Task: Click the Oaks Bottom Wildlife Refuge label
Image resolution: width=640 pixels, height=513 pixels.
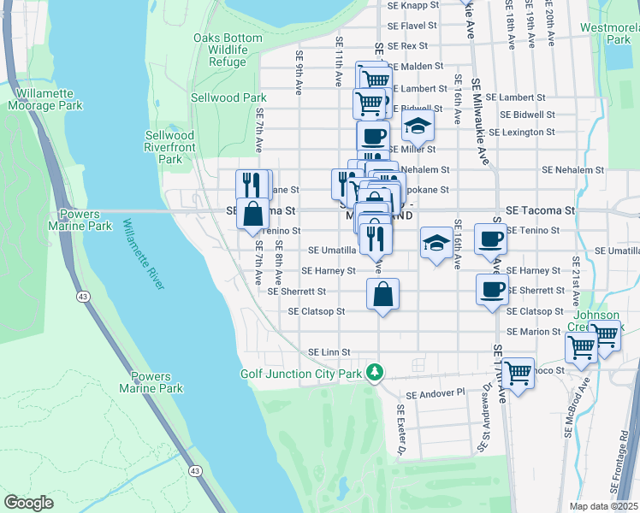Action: [x=220, y=50]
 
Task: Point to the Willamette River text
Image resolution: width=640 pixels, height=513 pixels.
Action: [x=143, y=255]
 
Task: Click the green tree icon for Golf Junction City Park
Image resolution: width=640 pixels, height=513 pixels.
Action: [x=373, y=371]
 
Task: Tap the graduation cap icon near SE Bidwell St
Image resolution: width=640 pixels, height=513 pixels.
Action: [x=418, y=126]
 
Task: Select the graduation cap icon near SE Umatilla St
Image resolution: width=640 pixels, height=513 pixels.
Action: [x=436, y=243]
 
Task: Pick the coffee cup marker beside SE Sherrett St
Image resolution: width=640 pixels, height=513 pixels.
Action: [x=490, y=290]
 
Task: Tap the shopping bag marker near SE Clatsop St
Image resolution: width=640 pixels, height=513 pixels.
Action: [x=382, y=295]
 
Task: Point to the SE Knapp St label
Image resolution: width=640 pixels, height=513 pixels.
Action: [x=412, y=5]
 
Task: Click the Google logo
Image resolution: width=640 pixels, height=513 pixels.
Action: [x=28, y=503]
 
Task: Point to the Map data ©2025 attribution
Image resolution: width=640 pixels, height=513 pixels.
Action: [x=603, y=506]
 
